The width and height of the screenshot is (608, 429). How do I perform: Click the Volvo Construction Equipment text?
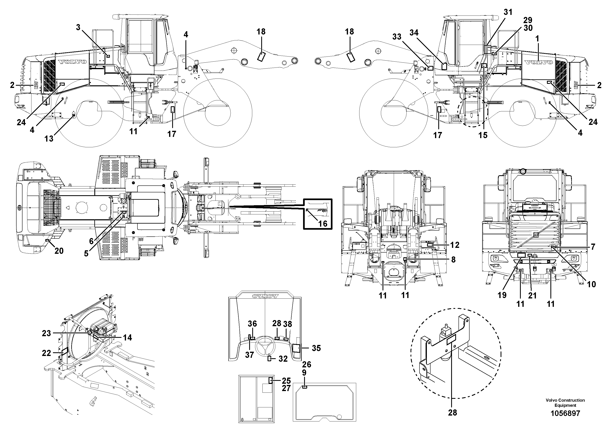565,402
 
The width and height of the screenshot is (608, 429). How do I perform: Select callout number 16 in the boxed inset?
322,224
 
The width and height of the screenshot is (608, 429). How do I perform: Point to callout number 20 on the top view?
59,251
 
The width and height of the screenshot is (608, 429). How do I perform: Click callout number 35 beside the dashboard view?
316,348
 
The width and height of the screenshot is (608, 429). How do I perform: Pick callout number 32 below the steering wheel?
283,359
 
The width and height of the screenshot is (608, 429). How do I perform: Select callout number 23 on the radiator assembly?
46,333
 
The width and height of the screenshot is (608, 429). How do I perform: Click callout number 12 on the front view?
455,245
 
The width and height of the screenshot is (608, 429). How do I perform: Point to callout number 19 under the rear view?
502,295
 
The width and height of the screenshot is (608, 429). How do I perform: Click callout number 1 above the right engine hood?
537,39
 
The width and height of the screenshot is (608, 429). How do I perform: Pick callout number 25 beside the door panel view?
286,381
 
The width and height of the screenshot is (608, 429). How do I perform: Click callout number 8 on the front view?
453,260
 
